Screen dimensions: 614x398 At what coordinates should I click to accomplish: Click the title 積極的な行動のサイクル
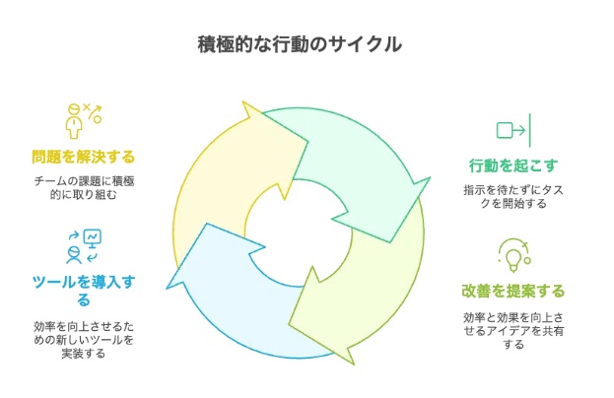[300, 44]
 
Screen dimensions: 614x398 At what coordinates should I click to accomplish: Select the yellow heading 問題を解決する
[84, 157]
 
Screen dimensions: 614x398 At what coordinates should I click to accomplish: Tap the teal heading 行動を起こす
[513, 166]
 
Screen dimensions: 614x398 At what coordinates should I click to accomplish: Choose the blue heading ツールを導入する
[84, 291]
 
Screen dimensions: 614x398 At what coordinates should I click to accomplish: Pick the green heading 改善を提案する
[513, 292]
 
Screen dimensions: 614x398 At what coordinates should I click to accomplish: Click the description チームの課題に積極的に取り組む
[84, 188]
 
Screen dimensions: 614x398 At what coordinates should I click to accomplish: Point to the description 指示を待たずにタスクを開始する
[513, 197]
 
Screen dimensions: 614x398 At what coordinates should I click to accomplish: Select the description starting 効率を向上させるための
[84, 340]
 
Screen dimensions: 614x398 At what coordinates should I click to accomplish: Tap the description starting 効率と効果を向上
[513, 331]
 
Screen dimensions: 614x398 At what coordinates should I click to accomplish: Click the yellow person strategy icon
[84, 121]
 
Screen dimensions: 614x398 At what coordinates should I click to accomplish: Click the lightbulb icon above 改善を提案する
[514, 255]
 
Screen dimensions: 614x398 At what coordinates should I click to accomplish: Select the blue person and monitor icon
[84, 246]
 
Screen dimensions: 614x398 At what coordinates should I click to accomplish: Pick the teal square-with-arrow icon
[513, 130]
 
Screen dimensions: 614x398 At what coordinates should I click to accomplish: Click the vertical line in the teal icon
[530, 130]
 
